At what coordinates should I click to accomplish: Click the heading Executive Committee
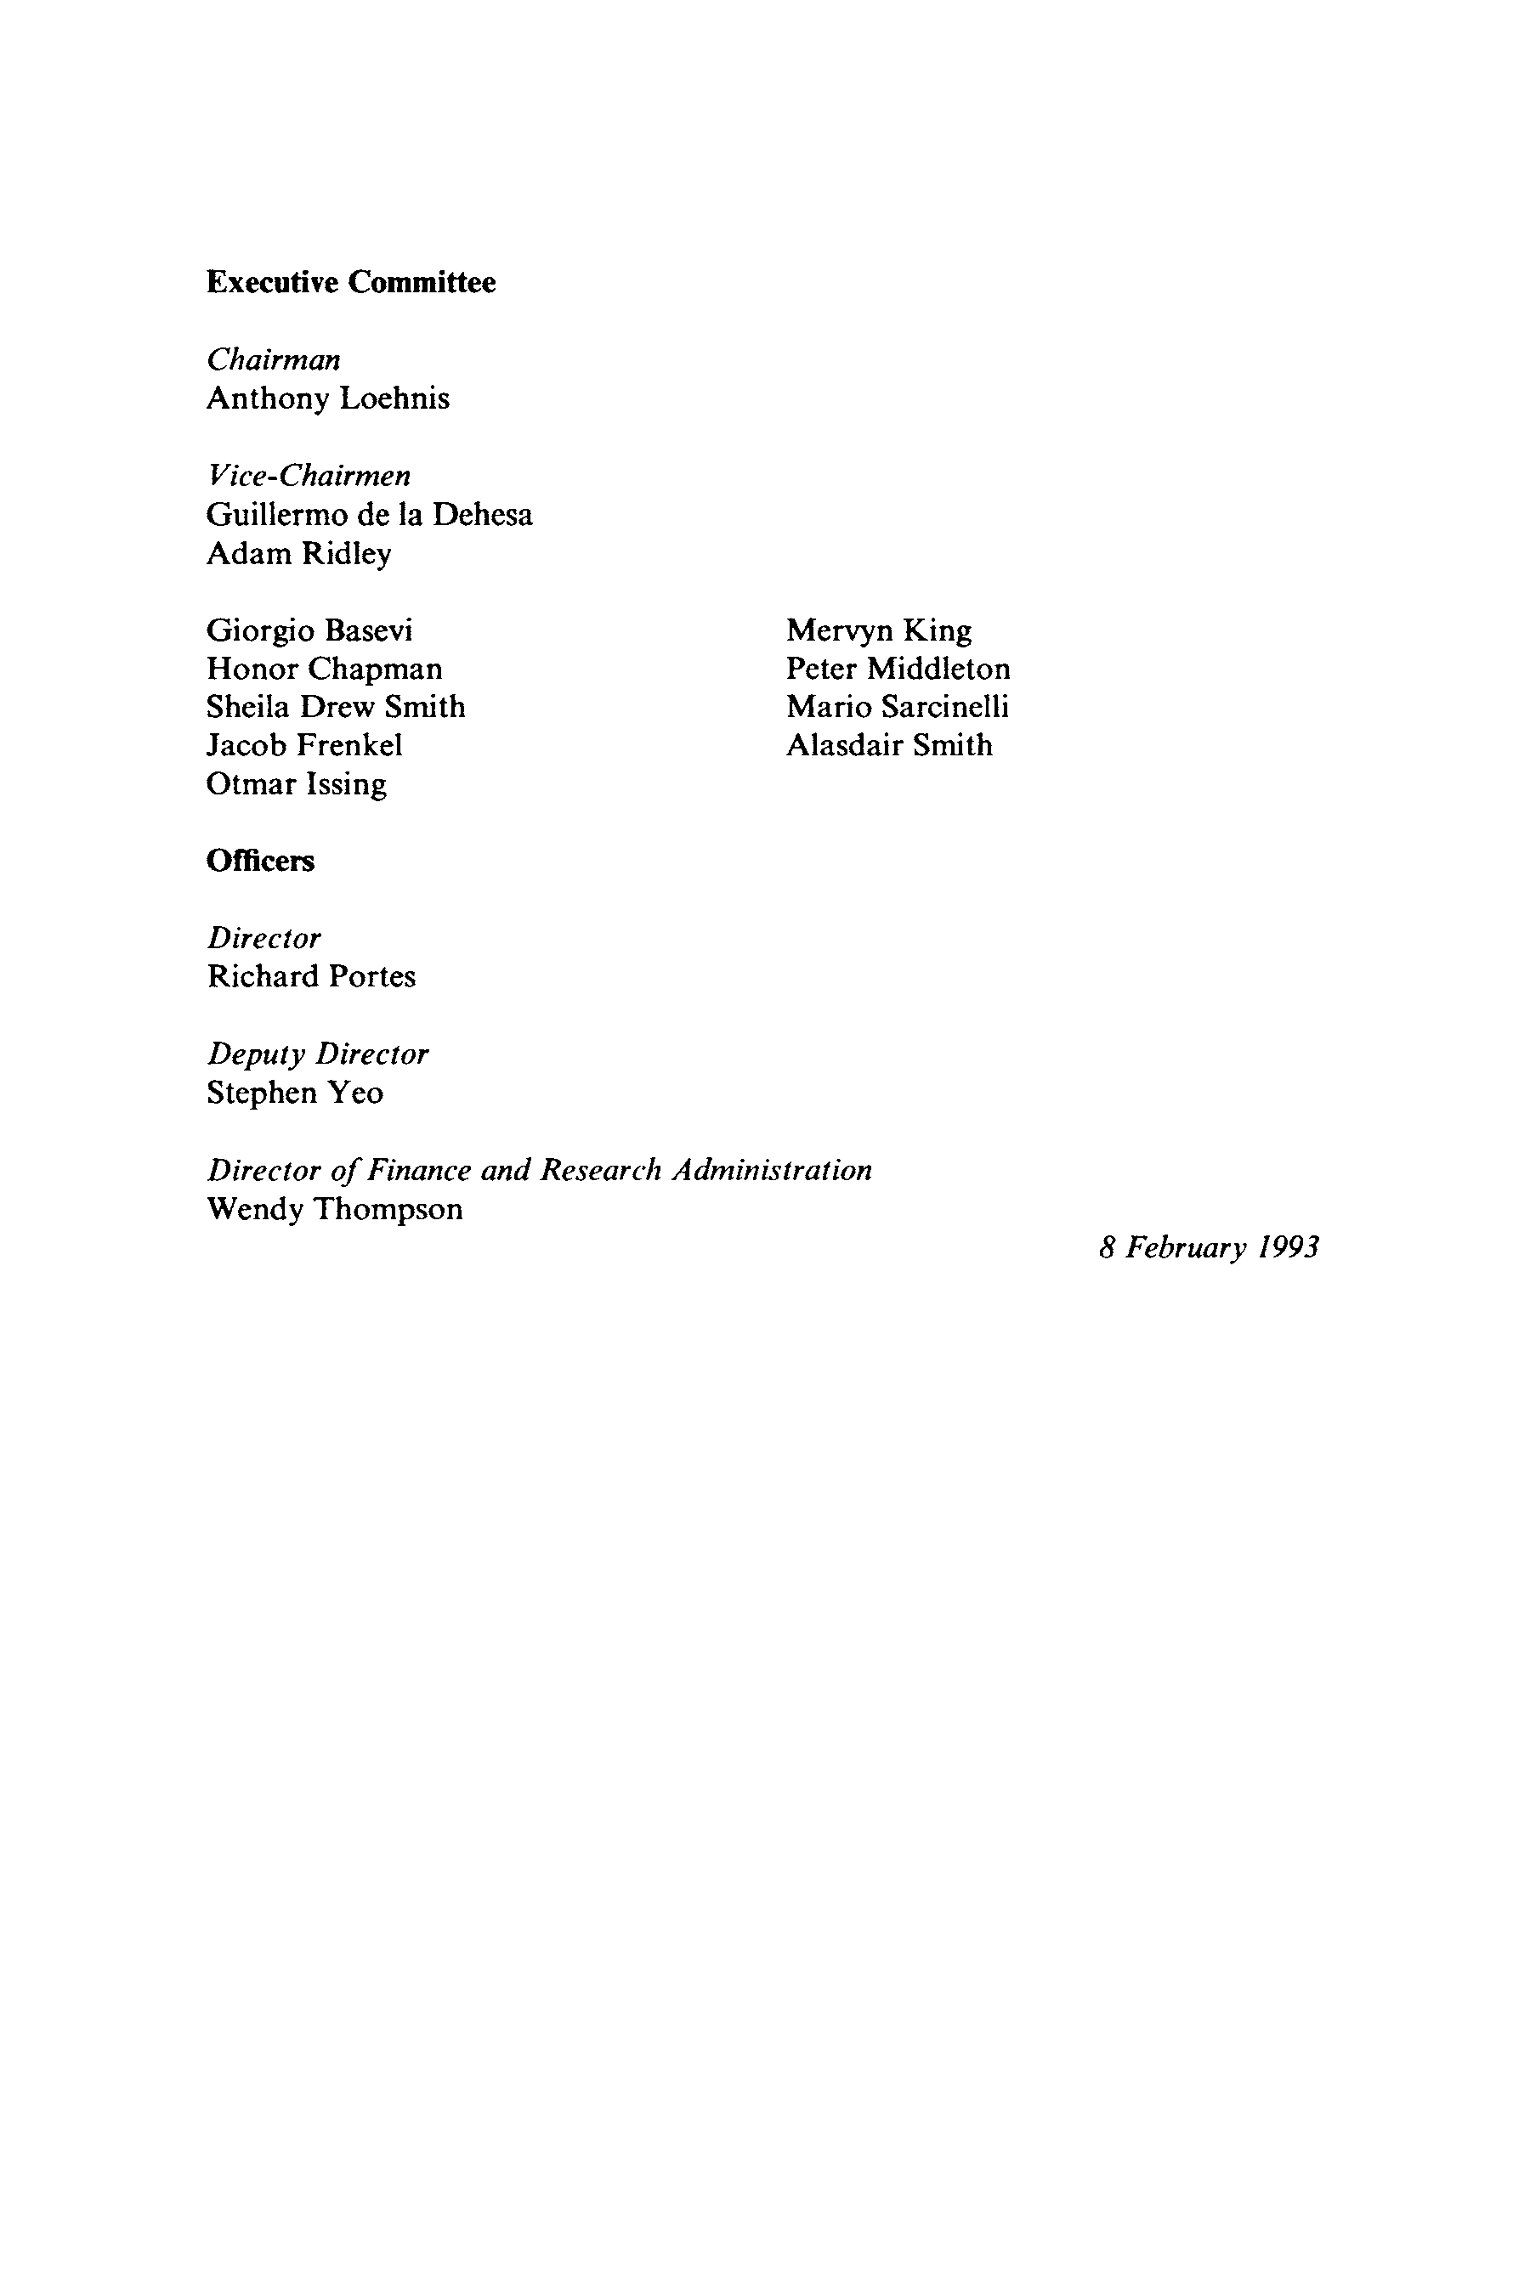click(x=351, y=283)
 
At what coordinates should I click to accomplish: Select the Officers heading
click(x=261, y=862)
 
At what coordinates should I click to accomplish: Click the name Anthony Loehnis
click(x=328, y=399)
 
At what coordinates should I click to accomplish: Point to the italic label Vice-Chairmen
click(x=309, y=476)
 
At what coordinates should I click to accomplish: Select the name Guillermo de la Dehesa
click(x=370, y=515)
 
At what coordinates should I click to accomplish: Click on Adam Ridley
click(x=299, y=554)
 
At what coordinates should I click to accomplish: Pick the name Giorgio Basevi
click(x=310, y=631)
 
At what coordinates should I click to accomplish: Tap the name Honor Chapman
click(x=325, y=670)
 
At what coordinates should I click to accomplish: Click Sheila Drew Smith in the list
click(x=337, y=707)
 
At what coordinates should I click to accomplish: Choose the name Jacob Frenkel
click(x=304, y=746)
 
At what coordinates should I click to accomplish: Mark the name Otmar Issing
click(x=297, y=785)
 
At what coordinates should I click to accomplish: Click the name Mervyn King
click(x=879, y=631)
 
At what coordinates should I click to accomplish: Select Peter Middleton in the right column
click(x=898, y=670)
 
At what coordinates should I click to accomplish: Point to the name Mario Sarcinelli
click(x=898, y=707)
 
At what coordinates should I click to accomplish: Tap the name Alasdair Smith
click(x=890, y=746)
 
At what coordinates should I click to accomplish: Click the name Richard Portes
click(x=311, y=977)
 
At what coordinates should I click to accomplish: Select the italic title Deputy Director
click(x=318, y=1054)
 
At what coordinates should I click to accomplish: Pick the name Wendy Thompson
click(x=335, y=1209)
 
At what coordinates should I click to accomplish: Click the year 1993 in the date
click(x=1288, y=1247)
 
